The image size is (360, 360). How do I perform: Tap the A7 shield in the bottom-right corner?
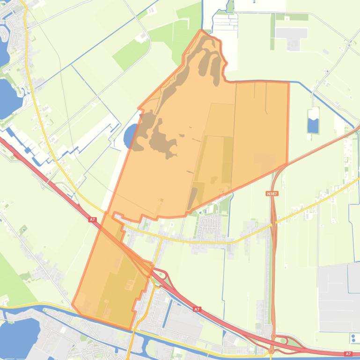(348, 354)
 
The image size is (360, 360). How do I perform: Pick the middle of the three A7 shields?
(197, 309)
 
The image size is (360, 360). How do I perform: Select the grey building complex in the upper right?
(291, 36)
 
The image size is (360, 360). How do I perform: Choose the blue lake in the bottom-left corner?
(19, 329)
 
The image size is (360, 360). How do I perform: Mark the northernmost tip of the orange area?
(202, 31)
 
